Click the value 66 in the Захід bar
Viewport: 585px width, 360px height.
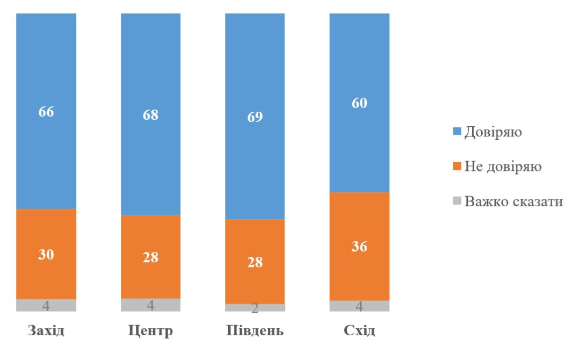click(x=46, y=112)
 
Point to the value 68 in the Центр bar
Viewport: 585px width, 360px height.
click(x=151, y=116)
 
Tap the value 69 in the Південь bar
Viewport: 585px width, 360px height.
click(x=255, y=117)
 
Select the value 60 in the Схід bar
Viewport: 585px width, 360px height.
click(x=359, y=103)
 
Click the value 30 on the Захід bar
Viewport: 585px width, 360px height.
click(x=46, y=255)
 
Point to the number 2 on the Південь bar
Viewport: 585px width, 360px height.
click(x=255, y=308)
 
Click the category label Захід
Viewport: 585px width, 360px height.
click(x=46, y=330)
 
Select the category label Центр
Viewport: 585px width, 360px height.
click(x=151, y=330)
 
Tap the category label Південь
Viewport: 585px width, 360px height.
click(x=255, y=330)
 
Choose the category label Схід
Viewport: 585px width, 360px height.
click(x=359, y=330)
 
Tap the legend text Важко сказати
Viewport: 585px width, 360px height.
click(x=513, y=201)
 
